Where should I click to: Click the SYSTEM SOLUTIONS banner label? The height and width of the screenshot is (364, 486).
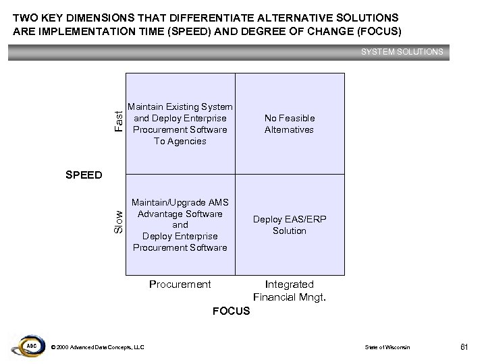[402, 51]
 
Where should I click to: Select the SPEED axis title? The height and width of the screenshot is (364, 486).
[84, 175]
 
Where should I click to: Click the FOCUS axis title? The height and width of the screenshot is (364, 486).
[231, 311]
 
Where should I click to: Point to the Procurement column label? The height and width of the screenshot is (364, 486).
[180, 284]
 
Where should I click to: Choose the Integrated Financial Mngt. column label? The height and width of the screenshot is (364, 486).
[289, 291]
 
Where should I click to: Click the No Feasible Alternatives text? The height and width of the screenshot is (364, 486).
[289, 124]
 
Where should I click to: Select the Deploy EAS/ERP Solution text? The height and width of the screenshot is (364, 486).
[289, 225]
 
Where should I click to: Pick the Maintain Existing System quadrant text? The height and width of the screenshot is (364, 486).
[180, 124]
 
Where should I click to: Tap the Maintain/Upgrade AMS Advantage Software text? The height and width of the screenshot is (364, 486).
[180, 225]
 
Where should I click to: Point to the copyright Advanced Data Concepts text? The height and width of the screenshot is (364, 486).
[97, 347]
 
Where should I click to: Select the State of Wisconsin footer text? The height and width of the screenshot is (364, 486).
[387, 347]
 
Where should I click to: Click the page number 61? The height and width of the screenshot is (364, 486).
[464, 346]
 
